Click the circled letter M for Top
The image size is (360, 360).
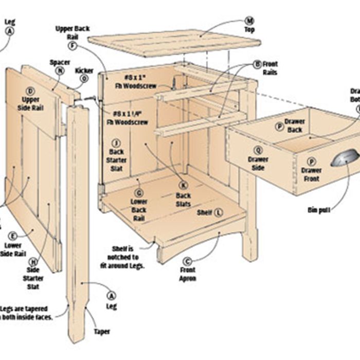tap(249, 21)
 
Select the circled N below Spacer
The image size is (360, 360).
tap(60, 71)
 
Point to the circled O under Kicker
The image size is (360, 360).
tap(84, 79)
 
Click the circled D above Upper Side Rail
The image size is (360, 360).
tap(30, 91)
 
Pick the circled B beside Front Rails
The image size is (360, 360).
tap(257, 64)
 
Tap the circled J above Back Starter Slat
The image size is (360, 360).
tap(116, 143)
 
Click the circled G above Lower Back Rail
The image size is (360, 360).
tap(138, 193)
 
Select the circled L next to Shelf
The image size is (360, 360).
tap(219, 212)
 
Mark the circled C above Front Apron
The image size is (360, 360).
tap(187, 261)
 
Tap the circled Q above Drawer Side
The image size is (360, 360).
tap(258, 150)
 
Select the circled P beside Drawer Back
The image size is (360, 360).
tap(279, 125)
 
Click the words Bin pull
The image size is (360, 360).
tap(319, 210)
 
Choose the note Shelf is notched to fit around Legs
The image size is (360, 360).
tap(123, 257)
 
